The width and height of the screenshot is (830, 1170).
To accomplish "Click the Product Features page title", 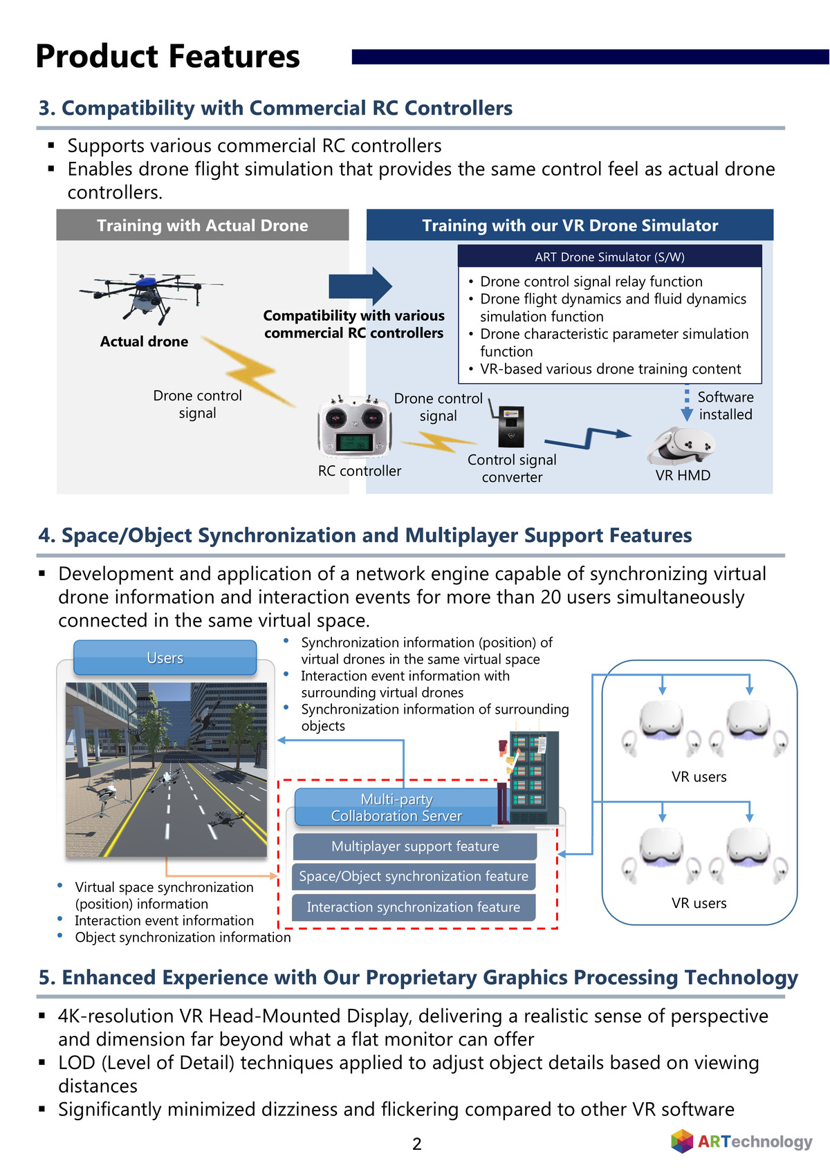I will pos(167,57).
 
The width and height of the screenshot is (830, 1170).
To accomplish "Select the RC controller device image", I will pos(355,427).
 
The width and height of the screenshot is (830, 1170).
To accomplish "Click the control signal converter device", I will pos(510,426).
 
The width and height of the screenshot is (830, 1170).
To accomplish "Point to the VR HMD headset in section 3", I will pos(681,445).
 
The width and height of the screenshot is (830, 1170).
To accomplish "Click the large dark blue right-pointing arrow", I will pos(360,286).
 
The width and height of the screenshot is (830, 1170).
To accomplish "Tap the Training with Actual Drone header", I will pos(202,225).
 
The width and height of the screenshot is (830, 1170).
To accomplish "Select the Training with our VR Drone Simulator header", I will pos(569,225).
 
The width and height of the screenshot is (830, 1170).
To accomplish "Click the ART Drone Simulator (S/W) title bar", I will pos(609,257).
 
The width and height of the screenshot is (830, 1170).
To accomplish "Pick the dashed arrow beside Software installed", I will pos(686,404).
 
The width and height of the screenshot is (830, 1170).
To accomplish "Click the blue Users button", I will pos(165,658).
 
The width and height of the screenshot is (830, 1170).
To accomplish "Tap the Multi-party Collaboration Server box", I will pos(397,808).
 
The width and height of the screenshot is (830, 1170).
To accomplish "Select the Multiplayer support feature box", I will pos(414,846).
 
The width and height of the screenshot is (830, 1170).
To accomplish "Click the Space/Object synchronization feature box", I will pos(414,876).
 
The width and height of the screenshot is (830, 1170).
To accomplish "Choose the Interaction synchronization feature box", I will pos(414,907).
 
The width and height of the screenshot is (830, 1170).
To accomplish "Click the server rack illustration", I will pos(532,777).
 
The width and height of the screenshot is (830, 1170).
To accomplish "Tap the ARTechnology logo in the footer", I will pos(741,1141).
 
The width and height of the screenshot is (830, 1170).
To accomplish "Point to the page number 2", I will pos(417,1144).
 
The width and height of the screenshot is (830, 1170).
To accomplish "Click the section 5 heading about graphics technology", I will pos(418,977).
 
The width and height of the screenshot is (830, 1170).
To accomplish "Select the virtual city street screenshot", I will pos(166,770).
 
